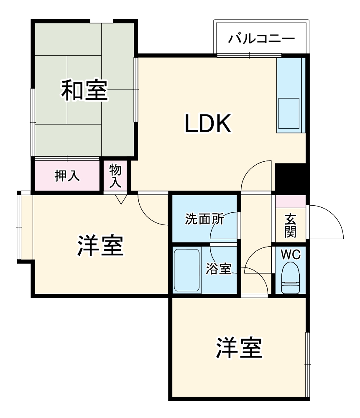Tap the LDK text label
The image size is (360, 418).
(208, 124)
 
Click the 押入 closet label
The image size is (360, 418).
(67, 176)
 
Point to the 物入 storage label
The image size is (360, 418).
(115, 176)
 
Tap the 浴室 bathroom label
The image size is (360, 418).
(218, 270)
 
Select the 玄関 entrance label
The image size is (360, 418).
(291, 225)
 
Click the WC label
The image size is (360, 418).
(290, 254)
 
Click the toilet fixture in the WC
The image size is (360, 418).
(291, 279)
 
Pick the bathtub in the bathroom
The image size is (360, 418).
(186, 271)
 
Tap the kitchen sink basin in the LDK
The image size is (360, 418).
(289, 113)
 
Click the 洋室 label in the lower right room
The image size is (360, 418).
(239, 348)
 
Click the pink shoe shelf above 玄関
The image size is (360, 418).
(291, 201)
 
